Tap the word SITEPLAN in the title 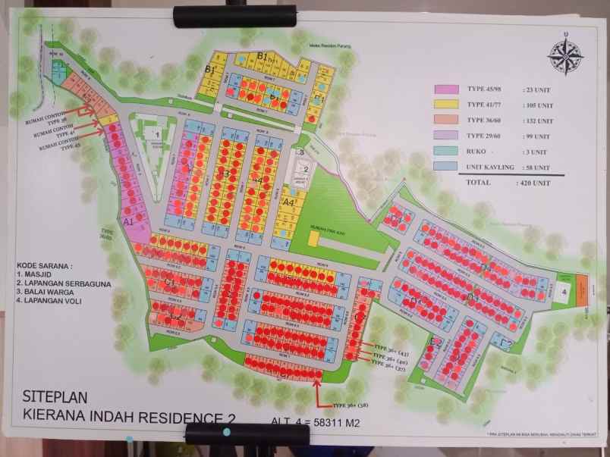pyautogui.click(x=58, y=396)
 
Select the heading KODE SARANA pyautogui.click(x=45, y=266)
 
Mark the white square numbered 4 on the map pyautogui.click(x=564, y=291)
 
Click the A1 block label pyautogui.click(x=129, y=221)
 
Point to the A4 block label pyautogui.click(x=288, y=203)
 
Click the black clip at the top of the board pyautogui.click(x=234, y=16)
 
